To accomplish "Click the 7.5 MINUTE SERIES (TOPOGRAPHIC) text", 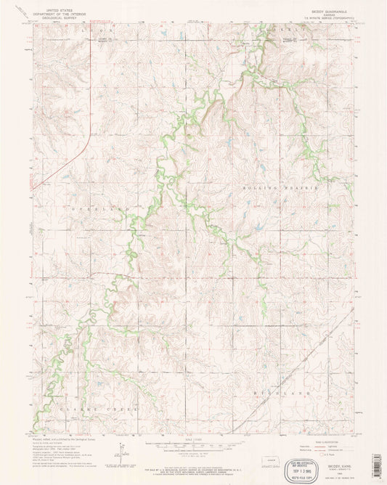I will point(327,20).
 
